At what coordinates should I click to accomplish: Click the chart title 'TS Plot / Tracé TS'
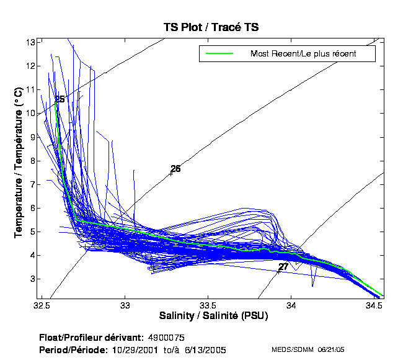point(211,27)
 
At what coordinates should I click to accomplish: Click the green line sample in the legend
point(216,53)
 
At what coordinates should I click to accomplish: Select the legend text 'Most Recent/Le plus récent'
point(303,53)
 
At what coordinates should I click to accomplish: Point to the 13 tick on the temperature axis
point(30,42)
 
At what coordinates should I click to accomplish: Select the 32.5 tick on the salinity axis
point(42,305)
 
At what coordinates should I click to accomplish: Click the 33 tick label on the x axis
point(125,305)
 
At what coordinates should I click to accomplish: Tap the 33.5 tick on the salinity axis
point(208,305)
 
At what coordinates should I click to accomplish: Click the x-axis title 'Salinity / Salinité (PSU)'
point(211,316)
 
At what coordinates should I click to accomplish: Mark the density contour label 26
point(175,169)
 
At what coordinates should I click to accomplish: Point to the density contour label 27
point(283,267)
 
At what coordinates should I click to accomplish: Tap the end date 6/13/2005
point(205,350)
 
